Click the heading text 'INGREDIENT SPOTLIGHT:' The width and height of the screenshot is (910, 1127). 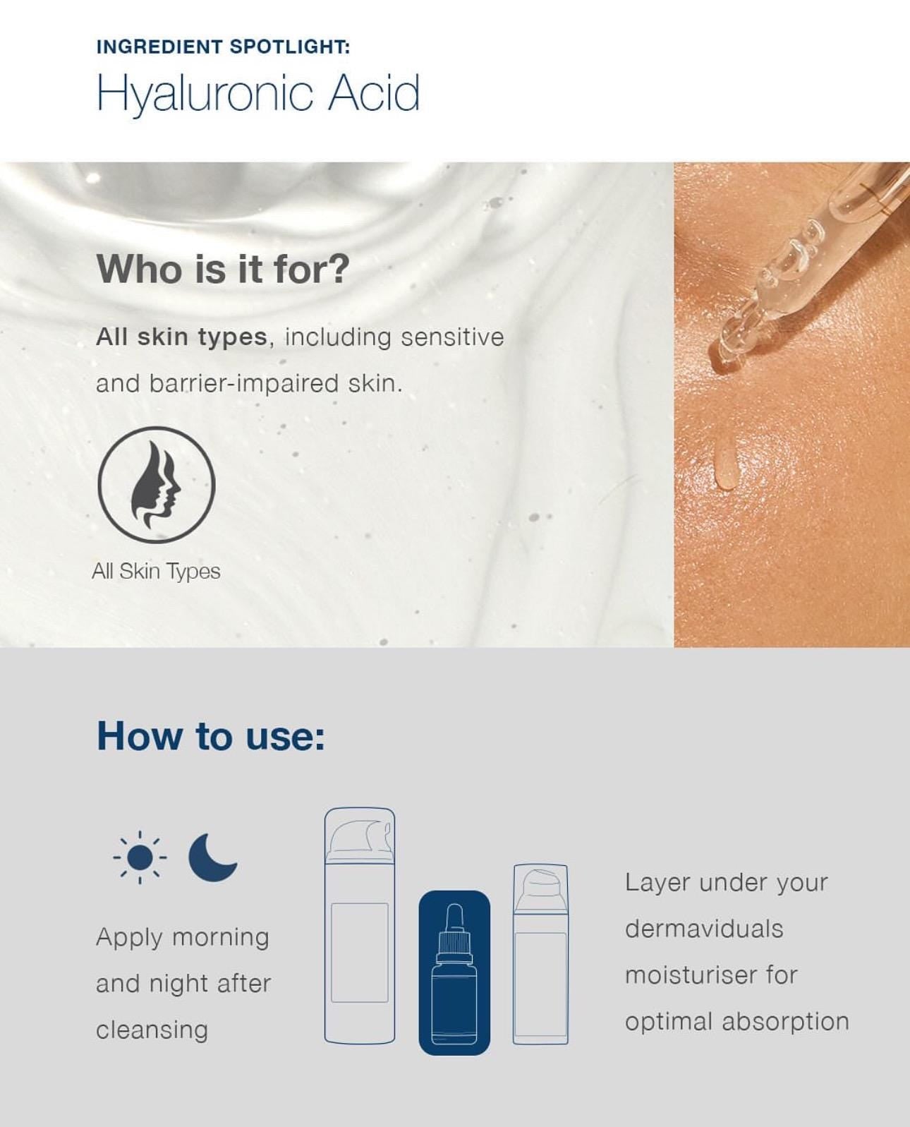(223, 47)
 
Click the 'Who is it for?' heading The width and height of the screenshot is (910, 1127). (223, 269)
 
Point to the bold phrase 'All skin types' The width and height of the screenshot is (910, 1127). (181, 337)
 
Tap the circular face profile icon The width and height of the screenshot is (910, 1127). (156, 485)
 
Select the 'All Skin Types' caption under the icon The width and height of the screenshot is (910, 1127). (156, 571)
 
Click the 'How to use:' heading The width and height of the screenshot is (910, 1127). (211, 736)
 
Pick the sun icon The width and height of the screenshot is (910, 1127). (140, 857)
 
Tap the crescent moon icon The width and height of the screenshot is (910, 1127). (212, 857)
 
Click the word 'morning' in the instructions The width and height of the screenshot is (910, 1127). (220, 938)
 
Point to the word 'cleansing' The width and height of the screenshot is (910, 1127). (152, 1030)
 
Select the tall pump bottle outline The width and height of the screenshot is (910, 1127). (359, 925)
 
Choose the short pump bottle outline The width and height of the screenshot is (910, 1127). (540, 953)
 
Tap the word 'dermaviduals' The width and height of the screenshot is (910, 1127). (704, 929)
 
